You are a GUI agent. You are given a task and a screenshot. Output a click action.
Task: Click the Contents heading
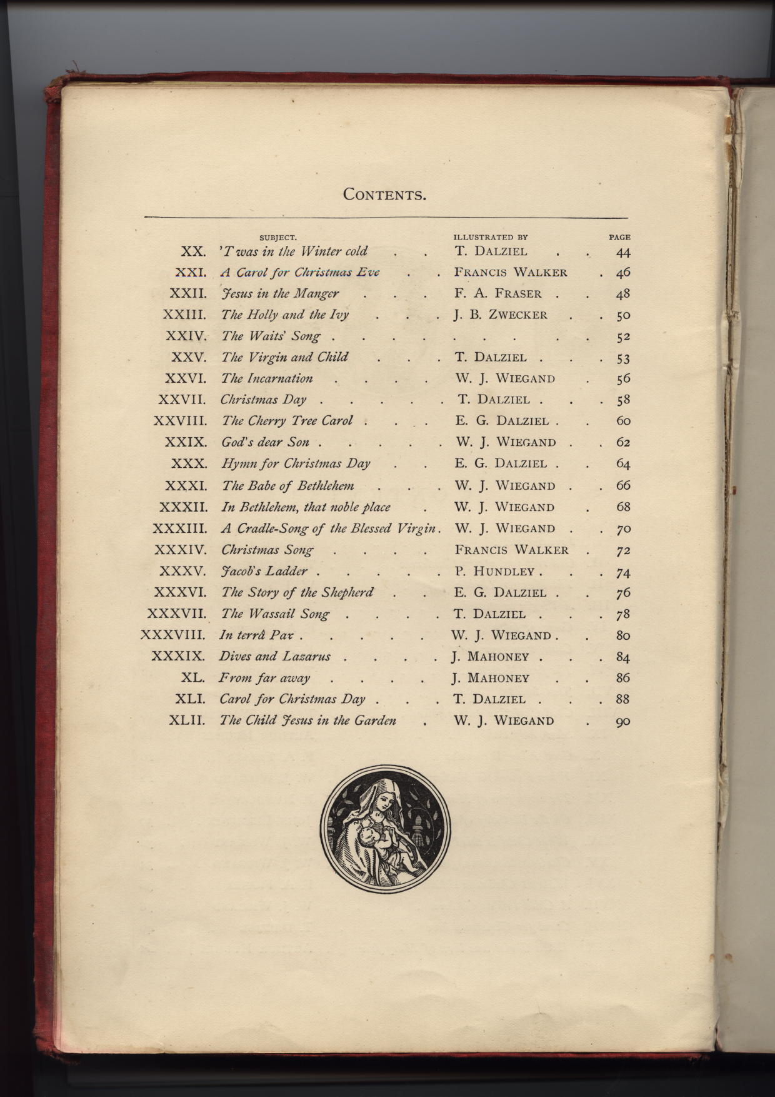click(x=384, y=194)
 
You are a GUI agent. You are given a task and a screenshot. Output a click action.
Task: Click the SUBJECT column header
click(x=277, y=238)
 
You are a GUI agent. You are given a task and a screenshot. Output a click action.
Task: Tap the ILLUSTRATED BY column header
click(x=491, y=238)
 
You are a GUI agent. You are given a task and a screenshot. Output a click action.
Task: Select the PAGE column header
click(x=619, y=238)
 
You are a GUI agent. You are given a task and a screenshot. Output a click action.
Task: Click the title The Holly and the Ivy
click(x=285, y=315)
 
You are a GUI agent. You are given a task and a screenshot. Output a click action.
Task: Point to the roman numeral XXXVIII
click(x=173, y=635)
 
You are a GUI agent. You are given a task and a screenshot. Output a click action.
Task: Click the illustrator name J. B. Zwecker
click(x=501, y=315)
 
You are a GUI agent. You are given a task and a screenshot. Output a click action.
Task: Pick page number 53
click(x=622, y=358)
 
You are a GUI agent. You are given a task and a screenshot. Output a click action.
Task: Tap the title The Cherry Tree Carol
click(x=287, y=421)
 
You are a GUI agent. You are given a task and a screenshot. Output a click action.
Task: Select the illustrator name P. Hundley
click(x=495, y=572)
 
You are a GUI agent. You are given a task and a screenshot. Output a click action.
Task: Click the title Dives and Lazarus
click(x=274, y=657)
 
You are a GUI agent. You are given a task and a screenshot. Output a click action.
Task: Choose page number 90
click(x=622, y=721)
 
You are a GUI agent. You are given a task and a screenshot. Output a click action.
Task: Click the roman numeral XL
click(x=193, y=678)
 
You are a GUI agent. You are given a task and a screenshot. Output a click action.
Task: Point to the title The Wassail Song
click(x=276, y=614)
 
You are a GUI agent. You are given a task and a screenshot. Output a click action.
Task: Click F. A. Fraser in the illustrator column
click(x=499, y=294)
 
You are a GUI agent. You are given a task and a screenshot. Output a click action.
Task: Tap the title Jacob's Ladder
click(x=264, y=572)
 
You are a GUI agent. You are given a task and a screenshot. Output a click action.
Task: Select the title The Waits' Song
click(x=271, y=336)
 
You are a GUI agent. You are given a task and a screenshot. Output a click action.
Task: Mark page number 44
click(x=622, y=252)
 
